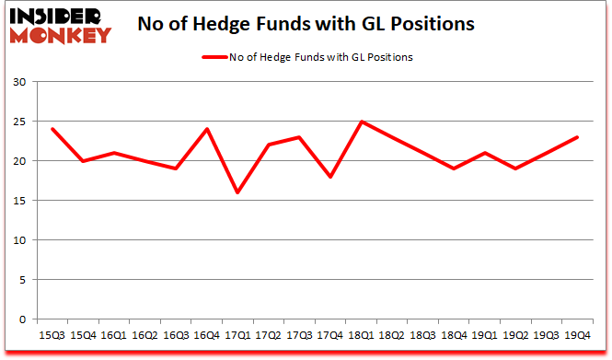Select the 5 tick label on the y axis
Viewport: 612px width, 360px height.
(x=22, y=280)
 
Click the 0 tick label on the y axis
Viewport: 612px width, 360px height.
(x=22, y=319)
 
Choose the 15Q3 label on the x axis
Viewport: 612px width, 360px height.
(x=52, y=334)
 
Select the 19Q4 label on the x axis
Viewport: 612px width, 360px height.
(x=576, y=334)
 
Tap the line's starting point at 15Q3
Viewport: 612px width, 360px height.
(x=52, y=129)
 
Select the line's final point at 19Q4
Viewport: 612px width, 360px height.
(x=576, y=137)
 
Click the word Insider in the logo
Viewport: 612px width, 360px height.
(x=57, y=17)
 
